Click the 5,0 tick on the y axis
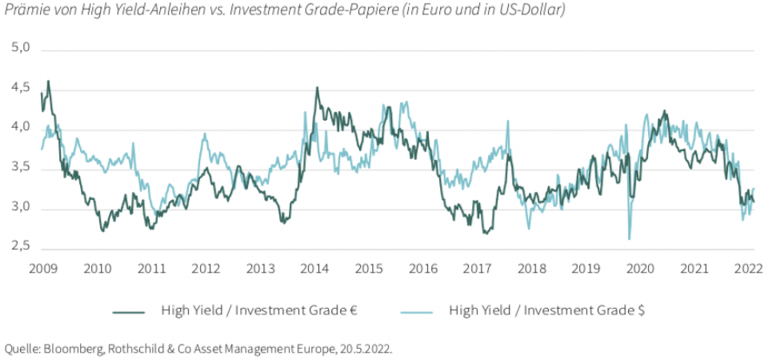point(19,48)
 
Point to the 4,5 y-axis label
point(19,88)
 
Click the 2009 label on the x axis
point(42,268)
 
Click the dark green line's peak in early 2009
point(48,81)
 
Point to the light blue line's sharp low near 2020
point(630,238)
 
